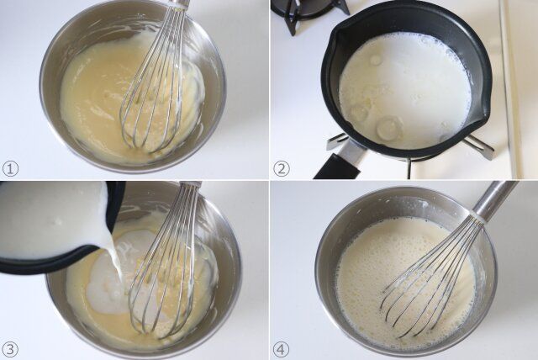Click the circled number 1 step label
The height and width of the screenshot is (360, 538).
[x=10, y=169]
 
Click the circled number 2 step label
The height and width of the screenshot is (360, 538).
[x=282, y=169]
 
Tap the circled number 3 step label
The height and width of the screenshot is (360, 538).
[x=10, y=350]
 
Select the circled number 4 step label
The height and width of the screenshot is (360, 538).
[x=282, y=350]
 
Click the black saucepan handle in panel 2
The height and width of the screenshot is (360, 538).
[x=338, y=167]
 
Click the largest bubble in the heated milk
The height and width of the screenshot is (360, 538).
[x=389, y=128]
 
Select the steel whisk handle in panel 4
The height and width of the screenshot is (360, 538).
[x=494, y=199]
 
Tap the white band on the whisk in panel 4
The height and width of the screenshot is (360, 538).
[x=477, y=218]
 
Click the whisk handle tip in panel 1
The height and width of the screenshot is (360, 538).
[x=181, y=3]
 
